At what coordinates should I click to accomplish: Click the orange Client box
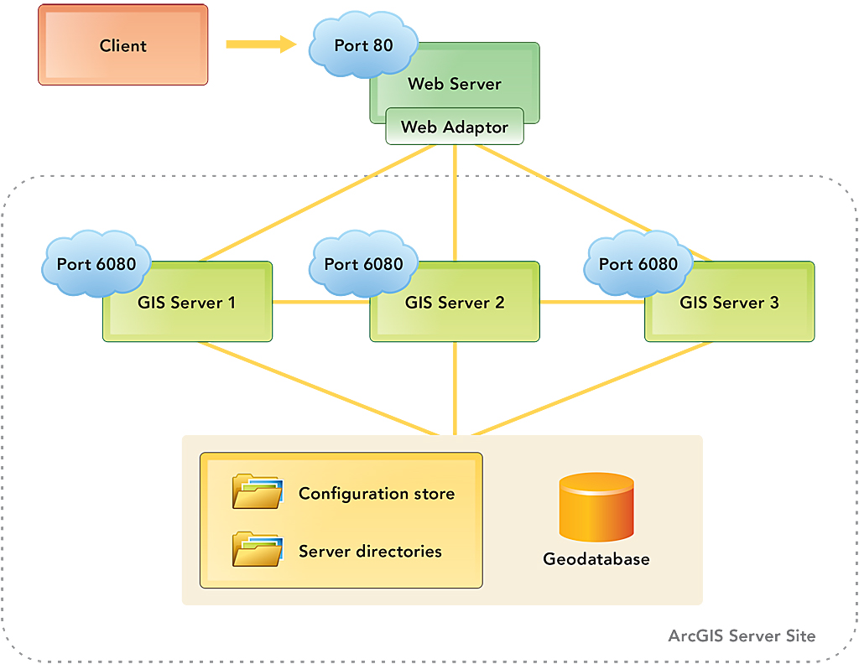pyautogui.click(x=122, y=45)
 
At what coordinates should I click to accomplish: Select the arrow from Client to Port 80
pyautogui.click(x=261, y=44)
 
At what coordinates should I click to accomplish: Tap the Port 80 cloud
pyautogui.click(x=363, y=45)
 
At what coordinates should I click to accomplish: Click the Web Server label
pyautogui.click(x=454, y=84)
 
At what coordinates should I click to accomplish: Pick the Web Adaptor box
pyautogui.click(x=454, y=127)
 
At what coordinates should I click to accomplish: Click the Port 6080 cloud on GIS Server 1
pyautogui.click(x=96, y=264)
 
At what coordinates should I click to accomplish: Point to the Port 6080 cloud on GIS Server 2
pyautogui.click(x=363, y=264)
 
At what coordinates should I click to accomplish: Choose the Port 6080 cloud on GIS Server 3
pyautogui.click(x=638, y=264)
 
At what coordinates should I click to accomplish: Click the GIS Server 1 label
pyautogui.click(x=186, y=303)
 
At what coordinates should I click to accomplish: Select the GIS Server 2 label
pyautogui.click(x=455, y=303)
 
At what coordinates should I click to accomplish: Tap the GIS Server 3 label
pyautogui.click(x=728, y=303)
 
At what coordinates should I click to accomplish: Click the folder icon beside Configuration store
pyautogui.click(x=258, y=492)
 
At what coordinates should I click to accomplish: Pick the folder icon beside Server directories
pyautogui.click(x=258, y=550)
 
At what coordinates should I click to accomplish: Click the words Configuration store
pyautogui.click(x=377, y=494)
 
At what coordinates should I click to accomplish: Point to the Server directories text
pyautogui.click(x=370, y=552)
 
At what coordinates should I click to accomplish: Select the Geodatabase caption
pyautogui.click(x=596, y=559)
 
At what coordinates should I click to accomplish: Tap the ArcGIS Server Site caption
pyautogui.click(x=742, y=635)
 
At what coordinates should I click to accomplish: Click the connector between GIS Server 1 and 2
pyautogui.click(x=321, y=302)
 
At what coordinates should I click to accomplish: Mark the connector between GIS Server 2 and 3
pyautogui.click(x=591, y=302)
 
